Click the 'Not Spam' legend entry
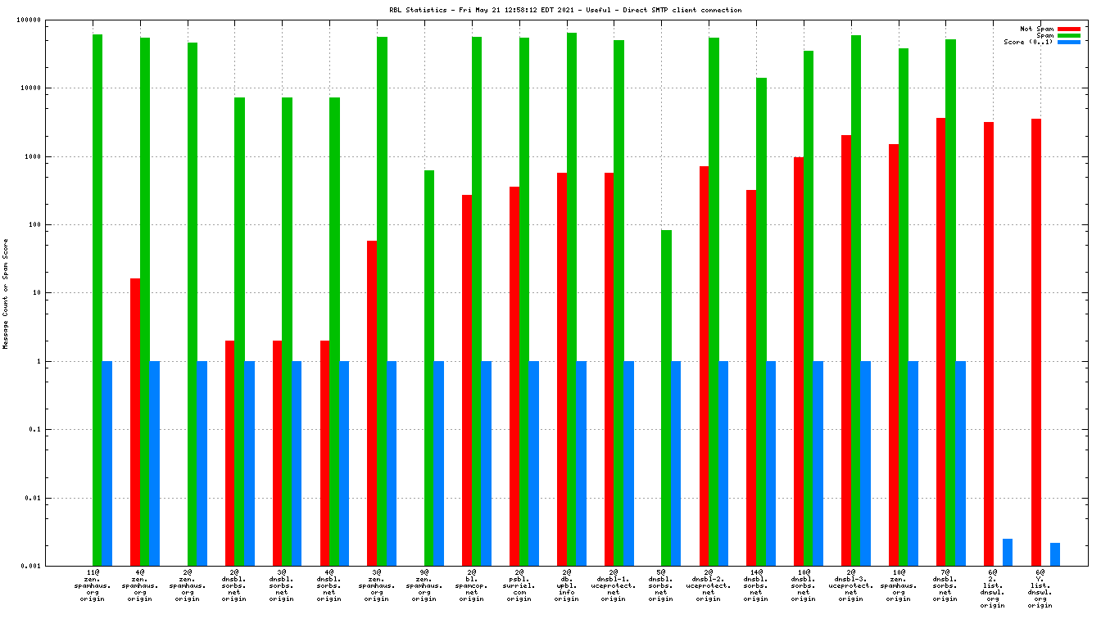tap(1036, 29)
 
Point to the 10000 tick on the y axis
tap(51, 88)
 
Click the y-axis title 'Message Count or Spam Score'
tap(6, 293)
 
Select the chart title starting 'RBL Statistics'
tap(565, 10)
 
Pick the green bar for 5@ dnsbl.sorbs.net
tap(666, 398)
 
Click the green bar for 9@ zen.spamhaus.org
tap(429, 368)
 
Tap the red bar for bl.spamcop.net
tap(467, 380)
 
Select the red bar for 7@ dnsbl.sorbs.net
tap(941, 341)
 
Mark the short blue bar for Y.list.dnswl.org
tap(1055, 554)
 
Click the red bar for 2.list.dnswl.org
tap(989, 344)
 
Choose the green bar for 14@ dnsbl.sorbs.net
tap(761, 322)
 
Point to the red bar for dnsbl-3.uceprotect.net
tap(846, 350)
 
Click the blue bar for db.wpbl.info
tap(581, 463)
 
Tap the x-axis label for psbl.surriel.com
tap(519, 586)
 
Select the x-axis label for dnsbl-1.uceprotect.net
tap(614, 586)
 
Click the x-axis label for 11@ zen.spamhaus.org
tap(93, 586)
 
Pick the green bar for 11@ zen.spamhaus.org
tap(97, 300)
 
